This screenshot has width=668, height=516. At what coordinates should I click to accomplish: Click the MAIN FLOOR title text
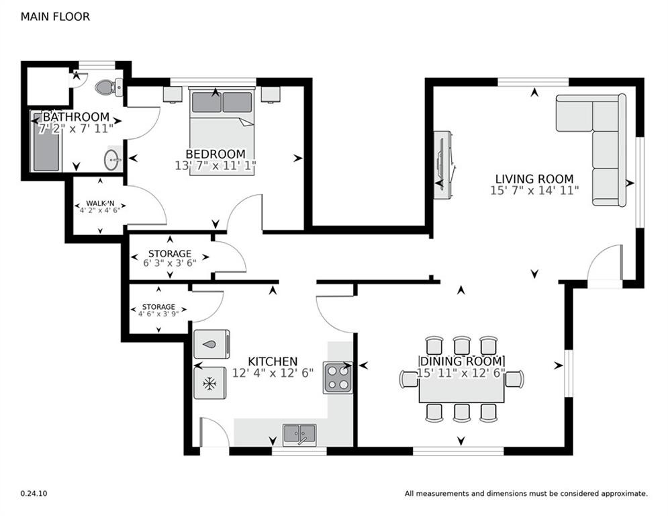55,17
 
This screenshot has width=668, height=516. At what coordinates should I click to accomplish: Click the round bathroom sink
112,160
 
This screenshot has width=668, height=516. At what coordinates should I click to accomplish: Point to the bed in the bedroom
222,131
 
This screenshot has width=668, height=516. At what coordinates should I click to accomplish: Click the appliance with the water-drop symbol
211,344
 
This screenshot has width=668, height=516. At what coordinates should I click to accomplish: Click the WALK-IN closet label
99,202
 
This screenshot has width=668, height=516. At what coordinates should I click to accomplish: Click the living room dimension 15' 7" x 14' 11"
534,190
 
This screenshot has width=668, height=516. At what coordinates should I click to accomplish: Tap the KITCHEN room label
273,361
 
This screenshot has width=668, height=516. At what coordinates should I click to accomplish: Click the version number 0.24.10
34,493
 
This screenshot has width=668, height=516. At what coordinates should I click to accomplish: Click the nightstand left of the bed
173,93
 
